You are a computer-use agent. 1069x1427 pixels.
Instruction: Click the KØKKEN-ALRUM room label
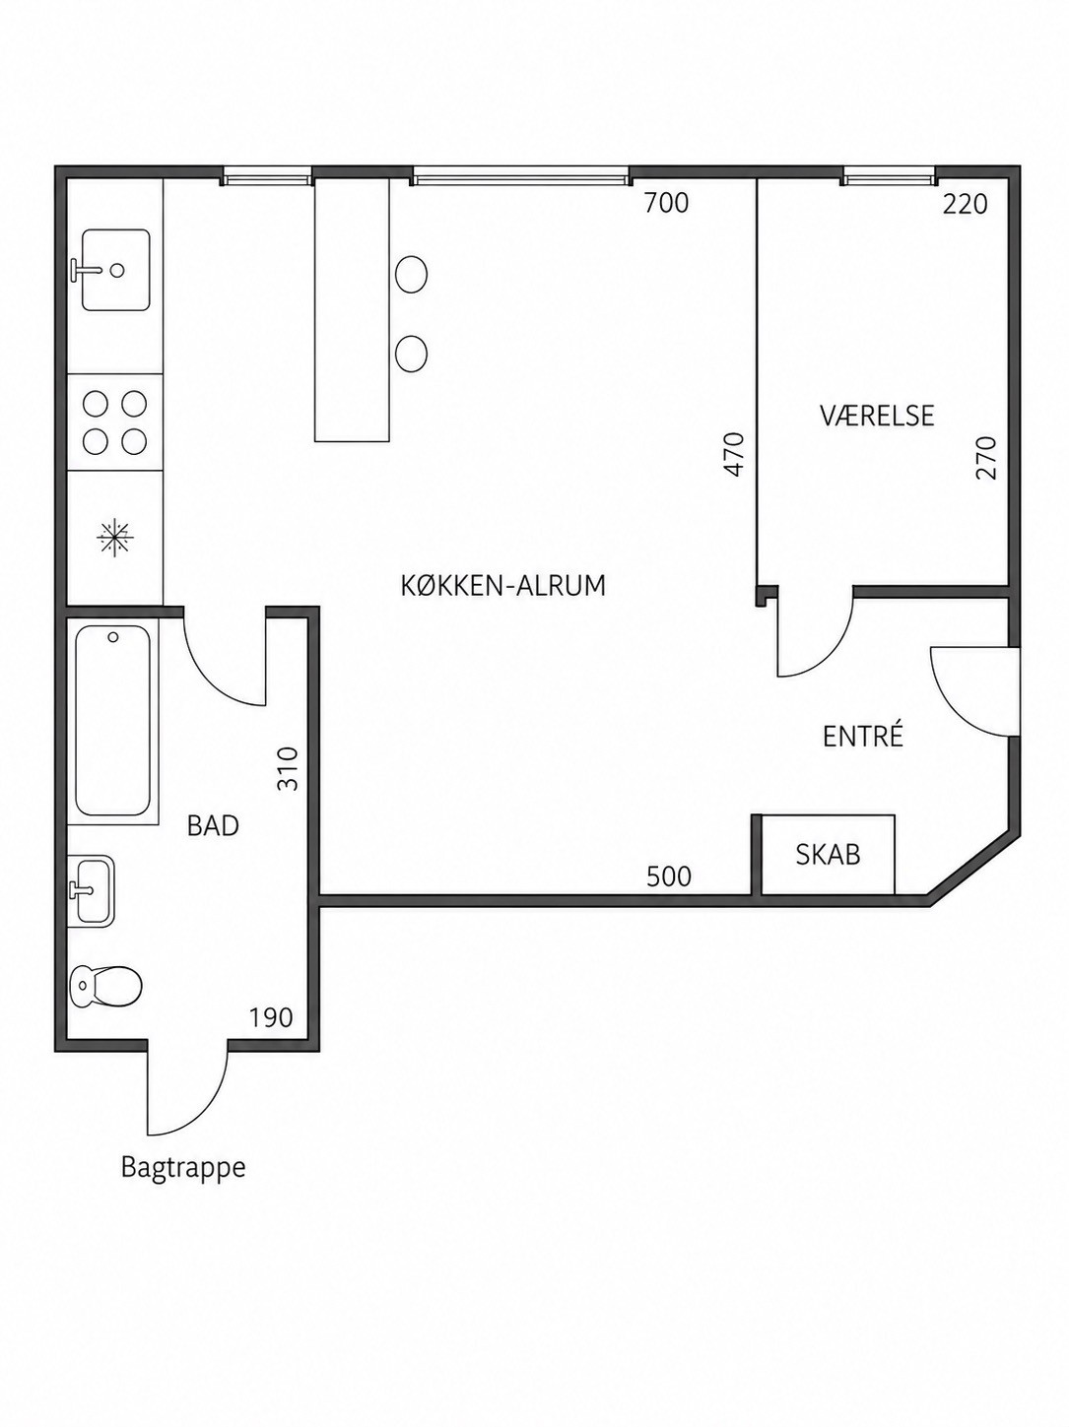(503, 586)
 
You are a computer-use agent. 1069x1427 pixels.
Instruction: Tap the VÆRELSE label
(877, 416)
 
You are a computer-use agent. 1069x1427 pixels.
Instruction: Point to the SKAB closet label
(828, 855)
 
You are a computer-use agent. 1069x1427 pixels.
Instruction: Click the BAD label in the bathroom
(213, 825)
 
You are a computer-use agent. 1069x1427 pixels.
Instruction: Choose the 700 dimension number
(666, 204)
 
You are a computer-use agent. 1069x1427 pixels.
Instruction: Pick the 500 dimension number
(668, 876)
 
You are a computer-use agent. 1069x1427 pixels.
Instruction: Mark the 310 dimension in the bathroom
(287, 768)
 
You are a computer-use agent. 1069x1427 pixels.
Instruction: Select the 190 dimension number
(271, 1017)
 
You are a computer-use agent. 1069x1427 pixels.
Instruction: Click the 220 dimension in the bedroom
(965, 205)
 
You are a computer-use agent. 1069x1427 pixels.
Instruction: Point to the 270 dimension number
(986, 458)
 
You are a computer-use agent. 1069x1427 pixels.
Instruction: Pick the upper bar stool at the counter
(411, 273)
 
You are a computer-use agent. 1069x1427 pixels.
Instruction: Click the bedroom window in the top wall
(889, 177)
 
